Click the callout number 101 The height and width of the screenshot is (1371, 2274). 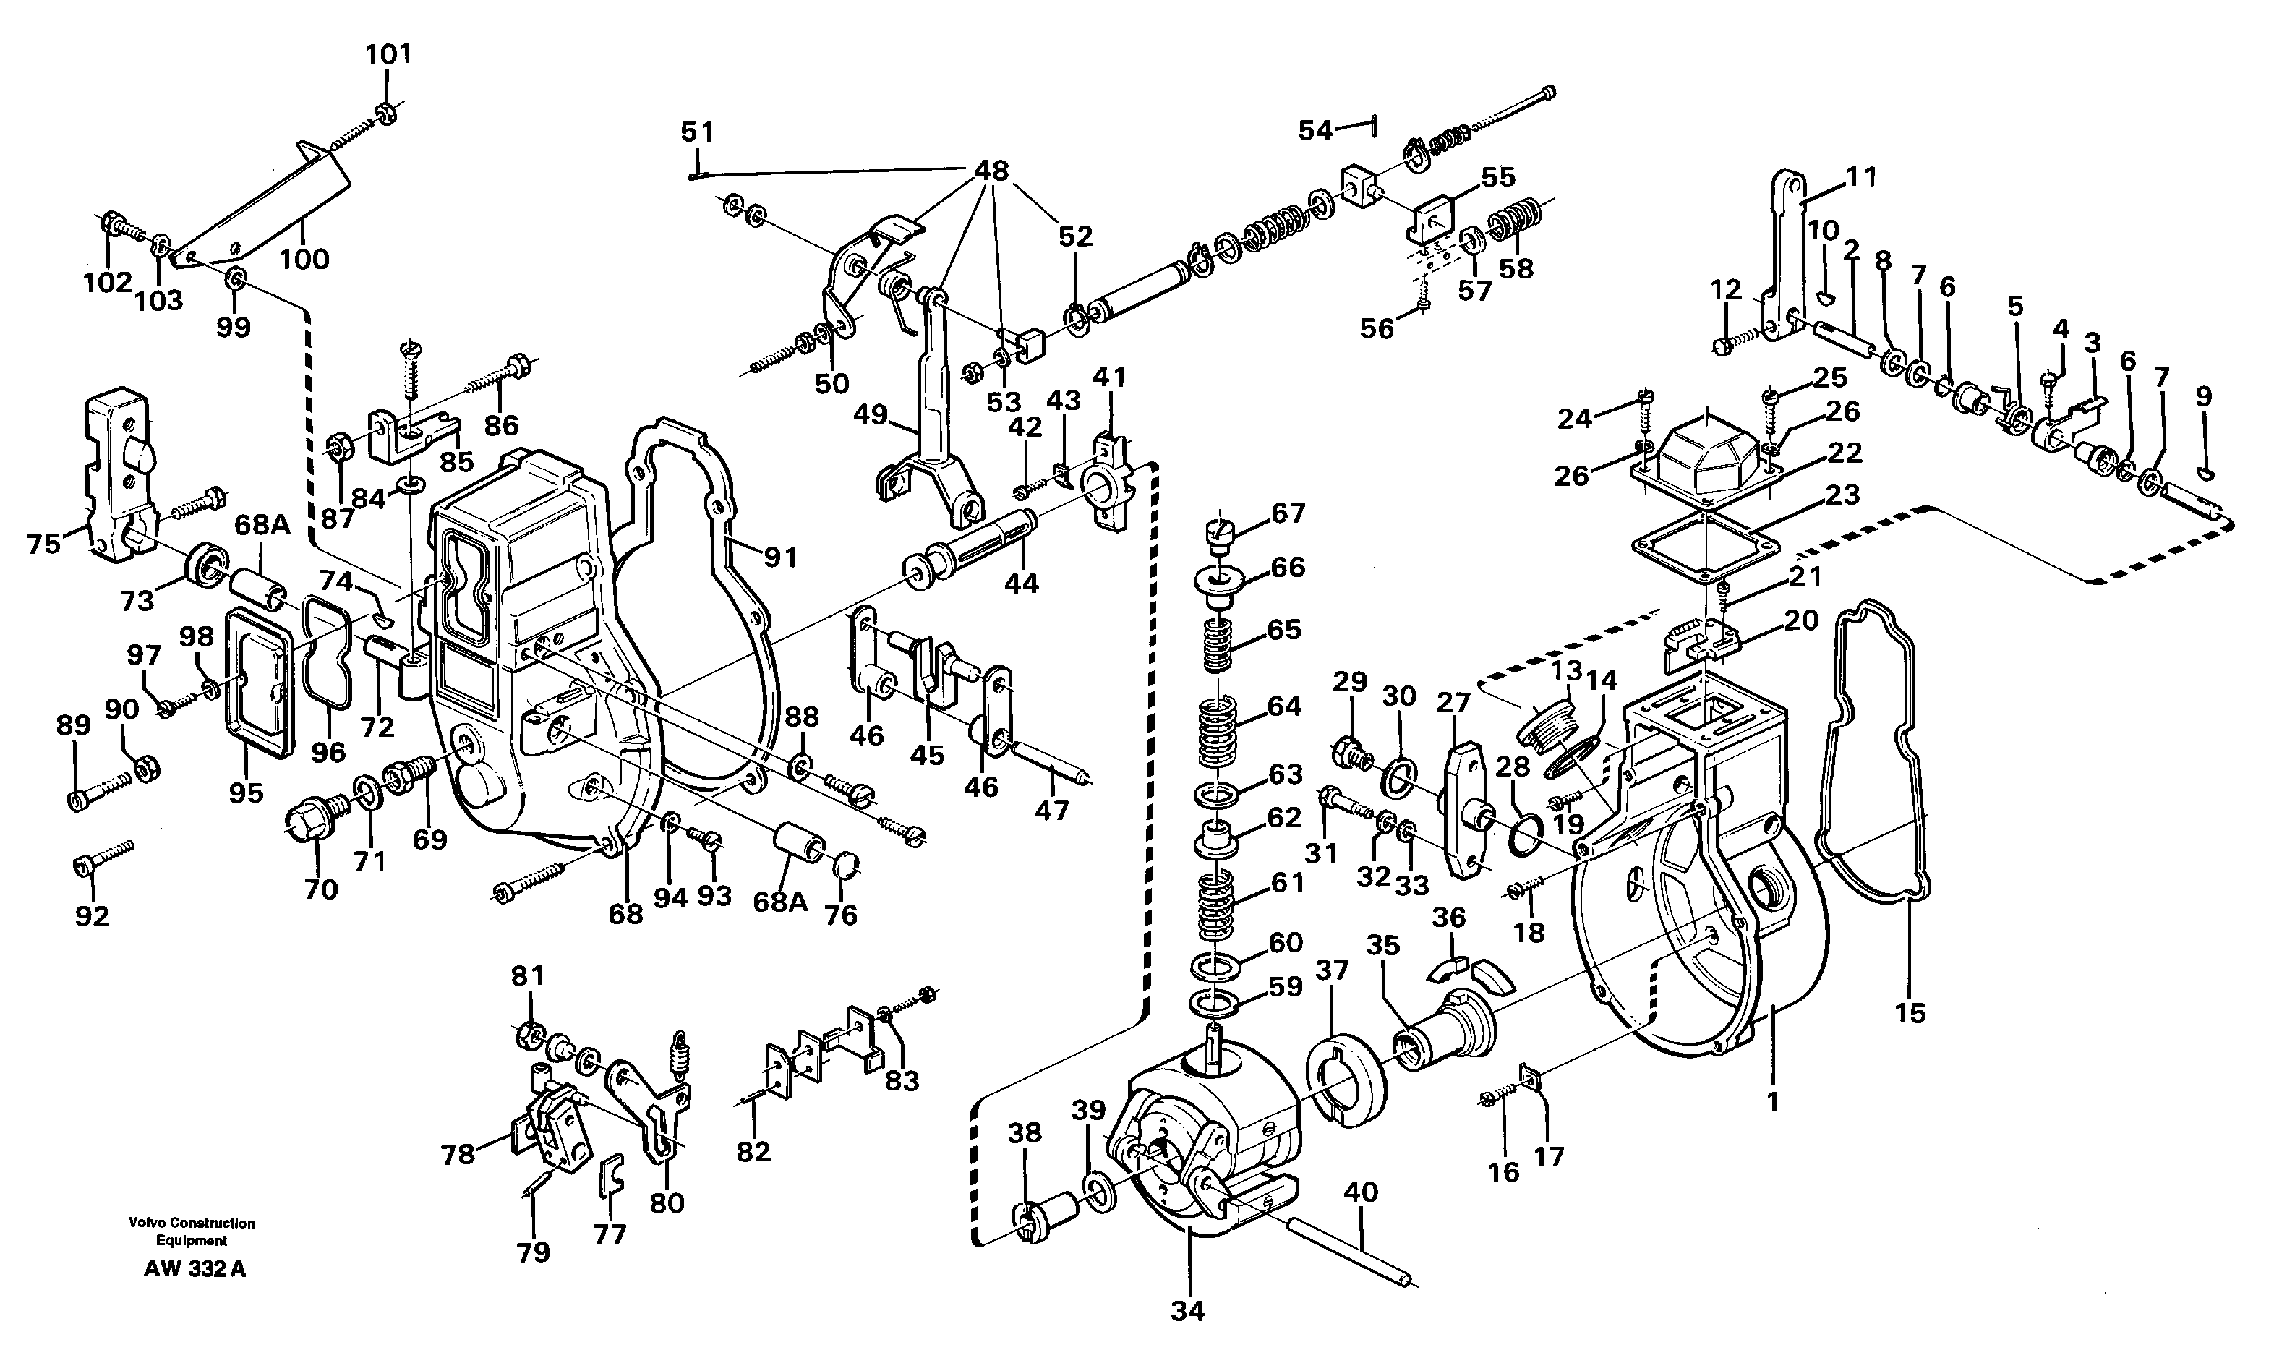[x=388, y=54]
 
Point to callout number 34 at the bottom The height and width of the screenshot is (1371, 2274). [x=1188, y=1311]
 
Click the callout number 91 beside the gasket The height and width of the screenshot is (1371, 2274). [x=780, y=557]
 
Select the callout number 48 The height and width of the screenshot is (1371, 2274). [x=991, y=171]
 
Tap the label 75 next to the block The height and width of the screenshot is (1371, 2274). [x=43, y=544]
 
